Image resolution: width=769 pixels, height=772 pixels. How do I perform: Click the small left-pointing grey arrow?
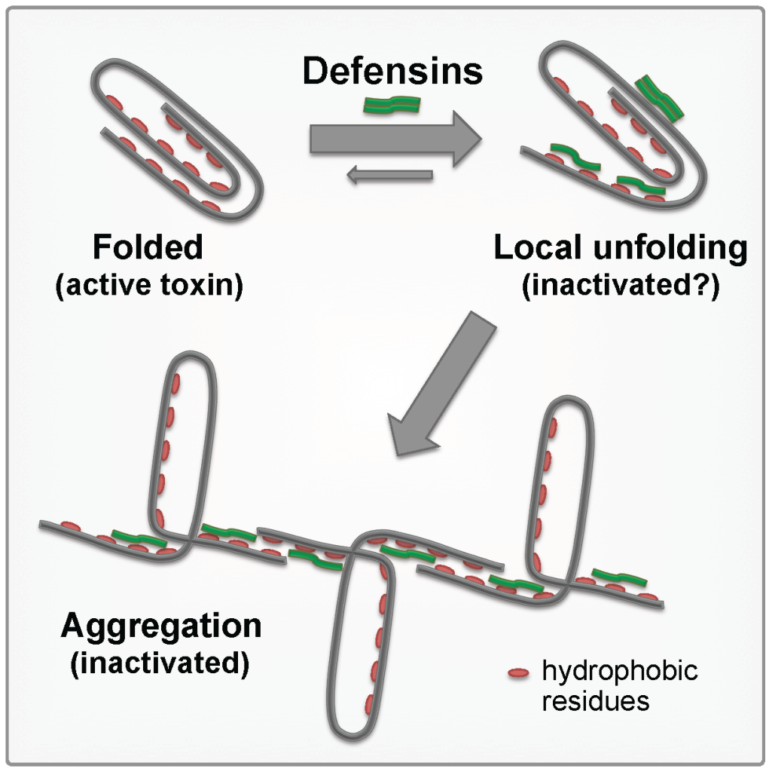(389, 176)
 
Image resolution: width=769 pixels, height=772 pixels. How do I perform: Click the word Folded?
(148, 248)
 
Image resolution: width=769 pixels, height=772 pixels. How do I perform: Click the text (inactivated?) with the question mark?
(621, 288)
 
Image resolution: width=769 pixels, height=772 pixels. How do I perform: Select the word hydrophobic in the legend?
(620, 672)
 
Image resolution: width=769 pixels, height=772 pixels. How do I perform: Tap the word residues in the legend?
(596, 701)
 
